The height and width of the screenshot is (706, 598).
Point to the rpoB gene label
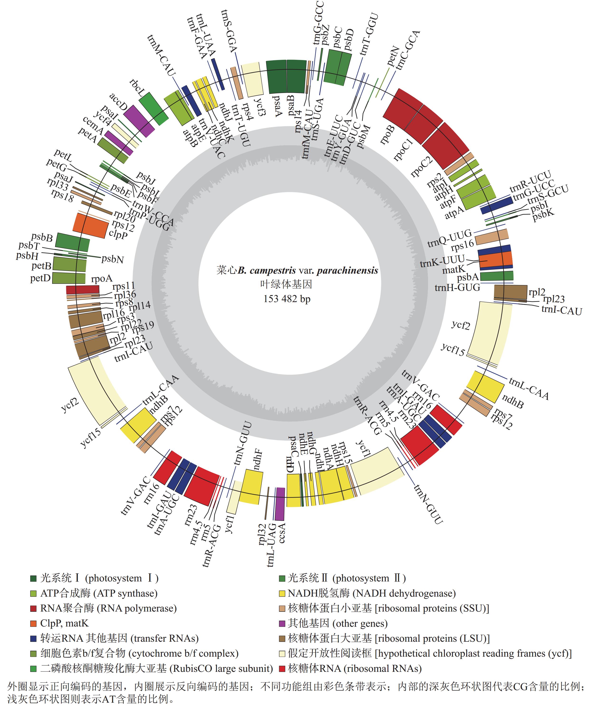click(387, 135)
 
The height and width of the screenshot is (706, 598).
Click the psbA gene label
click(467, 278)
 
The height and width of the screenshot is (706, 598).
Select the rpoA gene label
click(102, 279)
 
